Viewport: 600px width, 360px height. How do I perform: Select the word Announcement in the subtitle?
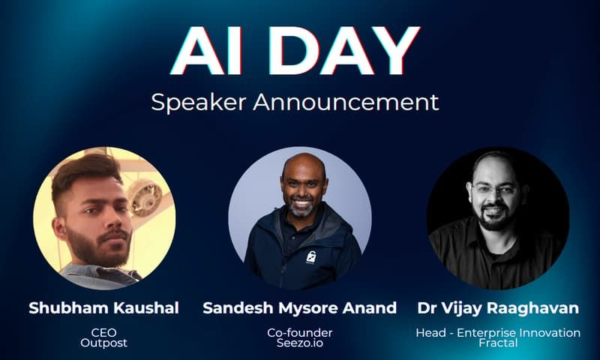coord(345,101)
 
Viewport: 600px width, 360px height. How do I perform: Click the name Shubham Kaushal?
coord(103,308)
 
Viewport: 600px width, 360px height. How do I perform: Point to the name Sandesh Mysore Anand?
coord(300,308)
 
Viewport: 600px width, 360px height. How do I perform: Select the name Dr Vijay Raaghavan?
coord(497,308)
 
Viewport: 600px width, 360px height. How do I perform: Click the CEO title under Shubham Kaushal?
coord(103,332)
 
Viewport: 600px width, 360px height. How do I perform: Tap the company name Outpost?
coord(103,343)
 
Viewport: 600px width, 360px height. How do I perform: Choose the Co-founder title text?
coord(300,332)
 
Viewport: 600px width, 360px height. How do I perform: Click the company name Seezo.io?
coord(300,343)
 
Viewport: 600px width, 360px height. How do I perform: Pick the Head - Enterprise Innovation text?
coord(497,332)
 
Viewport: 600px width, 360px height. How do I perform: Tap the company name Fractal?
coord(497,343)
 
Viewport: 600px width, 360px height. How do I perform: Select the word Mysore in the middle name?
coord(299,308)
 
